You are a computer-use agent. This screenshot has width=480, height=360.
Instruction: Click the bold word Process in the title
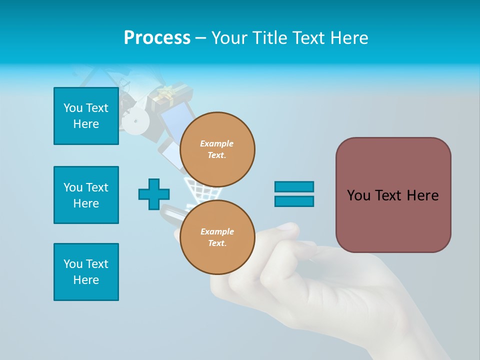[x=157, y=38]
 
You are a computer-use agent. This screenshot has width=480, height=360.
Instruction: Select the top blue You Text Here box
[x=86, y=116]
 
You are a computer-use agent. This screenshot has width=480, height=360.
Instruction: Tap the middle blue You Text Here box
[x=86, y=195]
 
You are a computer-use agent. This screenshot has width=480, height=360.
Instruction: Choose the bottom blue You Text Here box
[x=86, y=272]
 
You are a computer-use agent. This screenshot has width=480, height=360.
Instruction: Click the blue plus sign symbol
[x=154, y=194]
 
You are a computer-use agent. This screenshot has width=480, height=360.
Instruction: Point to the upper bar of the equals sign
[x=294, y=187]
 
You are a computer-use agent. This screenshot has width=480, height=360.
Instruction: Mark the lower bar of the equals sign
[x=294, y=201]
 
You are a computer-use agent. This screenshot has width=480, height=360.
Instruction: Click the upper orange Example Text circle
[x=217, y=149]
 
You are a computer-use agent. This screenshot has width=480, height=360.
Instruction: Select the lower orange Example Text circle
[x=217, y=237]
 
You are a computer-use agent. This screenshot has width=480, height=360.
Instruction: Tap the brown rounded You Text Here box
[x=393, y=195]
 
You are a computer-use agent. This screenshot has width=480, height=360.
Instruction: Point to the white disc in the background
[x=135, y=120]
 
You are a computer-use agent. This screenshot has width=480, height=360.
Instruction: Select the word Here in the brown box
[x=422, y=195]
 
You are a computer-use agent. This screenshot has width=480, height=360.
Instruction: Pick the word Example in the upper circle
[x=217, y=143]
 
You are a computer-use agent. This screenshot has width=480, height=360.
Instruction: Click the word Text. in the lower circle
[x=217, y=243]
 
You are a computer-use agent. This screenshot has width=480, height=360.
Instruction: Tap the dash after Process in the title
[x=201, y=38]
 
